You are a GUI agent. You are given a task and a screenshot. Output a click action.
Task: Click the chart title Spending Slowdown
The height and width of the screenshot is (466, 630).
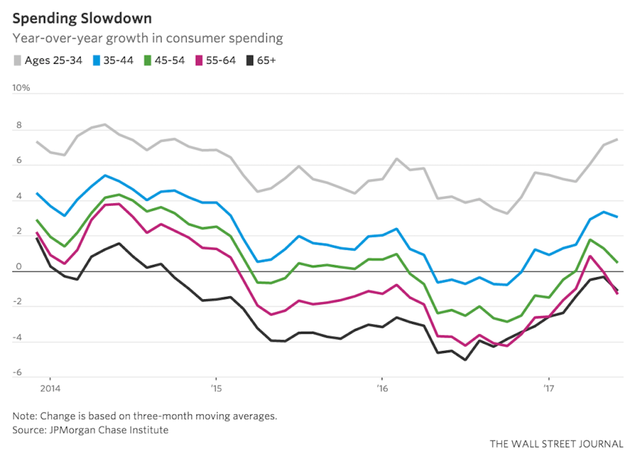[x=82, y=18]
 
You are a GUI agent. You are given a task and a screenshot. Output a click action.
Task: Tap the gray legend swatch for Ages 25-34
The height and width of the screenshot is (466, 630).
[x=17, y=60]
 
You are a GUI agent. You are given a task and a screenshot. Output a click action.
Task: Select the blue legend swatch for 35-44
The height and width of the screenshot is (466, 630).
[x=97, y=60]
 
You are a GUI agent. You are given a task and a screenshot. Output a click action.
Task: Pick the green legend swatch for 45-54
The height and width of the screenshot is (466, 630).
[x=148, y=60]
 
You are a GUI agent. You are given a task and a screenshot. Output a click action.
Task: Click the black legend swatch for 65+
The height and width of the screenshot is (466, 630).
[x=250, y=60]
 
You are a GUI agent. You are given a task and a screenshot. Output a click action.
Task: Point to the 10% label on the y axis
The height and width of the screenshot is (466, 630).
[x=21, y=88]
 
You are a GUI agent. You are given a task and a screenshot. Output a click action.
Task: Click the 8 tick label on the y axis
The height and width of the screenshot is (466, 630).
[x=18, y=125]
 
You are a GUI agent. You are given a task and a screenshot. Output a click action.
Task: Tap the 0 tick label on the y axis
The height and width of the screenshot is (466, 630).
[x=18, y=267]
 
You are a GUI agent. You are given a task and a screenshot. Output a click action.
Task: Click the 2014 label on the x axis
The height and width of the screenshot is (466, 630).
[x=50, y=389]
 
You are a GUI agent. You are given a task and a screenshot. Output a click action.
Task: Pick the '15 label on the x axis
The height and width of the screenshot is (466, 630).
[x=216, y=389]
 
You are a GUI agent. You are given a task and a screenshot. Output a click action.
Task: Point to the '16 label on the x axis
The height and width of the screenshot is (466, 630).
[x=382, y=389]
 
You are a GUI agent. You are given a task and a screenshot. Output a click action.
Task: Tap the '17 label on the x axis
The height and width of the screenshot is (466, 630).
[x=549, y=389]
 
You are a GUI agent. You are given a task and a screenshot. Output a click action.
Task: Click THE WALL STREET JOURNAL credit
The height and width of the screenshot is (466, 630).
[x=557, y=444]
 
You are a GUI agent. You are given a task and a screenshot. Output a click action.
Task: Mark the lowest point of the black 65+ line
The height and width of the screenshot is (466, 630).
[x=465, y=360]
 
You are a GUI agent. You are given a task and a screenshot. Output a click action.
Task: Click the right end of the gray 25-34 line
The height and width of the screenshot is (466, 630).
[x=617, y=140]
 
